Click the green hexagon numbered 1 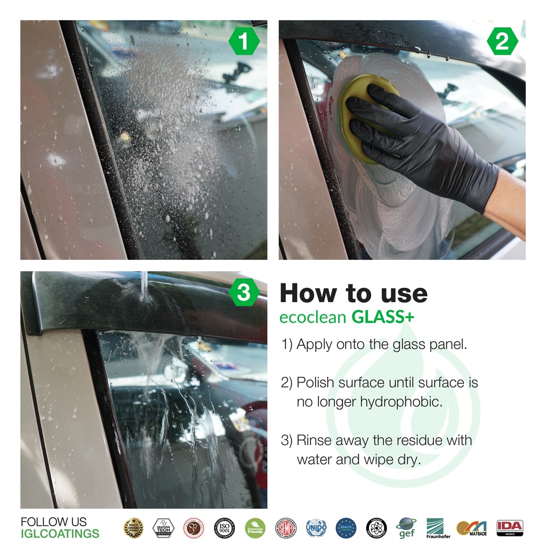(243, 42)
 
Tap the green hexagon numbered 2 (502, 42)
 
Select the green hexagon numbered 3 (243, 293)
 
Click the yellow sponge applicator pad (363, 115)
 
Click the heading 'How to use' (354, 293)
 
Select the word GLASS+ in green (383, 318)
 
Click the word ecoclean (313, 318)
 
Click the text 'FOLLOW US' (53, 521)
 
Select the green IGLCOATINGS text (60, 533)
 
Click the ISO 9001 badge (224, 527)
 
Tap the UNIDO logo (316, 527)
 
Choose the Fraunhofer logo (438, 528)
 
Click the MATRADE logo (471, 528)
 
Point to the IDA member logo (510, 527)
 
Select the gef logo (407, 528)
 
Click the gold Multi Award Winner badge (133, 527)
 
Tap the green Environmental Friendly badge (255, 527)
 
